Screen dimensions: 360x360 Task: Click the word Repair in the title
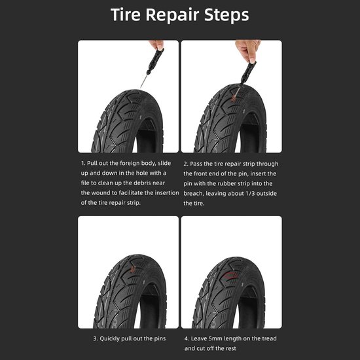tap(172, 16)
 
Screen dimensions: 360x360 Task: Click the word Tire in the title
tap(126, 14)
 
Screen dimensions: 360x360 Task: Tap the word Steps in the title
tap(226, 16)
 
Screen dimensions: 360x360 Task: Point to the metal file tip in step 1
tap(140, 88)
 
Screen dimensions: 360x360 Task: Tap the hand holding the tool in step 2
tap(249, 50)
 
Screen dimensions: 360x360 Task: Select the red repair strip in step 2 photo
tap(234, 97)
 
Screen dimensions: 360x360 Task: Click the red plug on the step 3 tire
tap(133, 268)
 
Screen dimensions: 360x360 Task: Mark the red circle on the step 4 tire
tap(231, 276)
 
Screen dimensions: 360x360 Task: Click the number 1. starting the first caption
tap(83, 163)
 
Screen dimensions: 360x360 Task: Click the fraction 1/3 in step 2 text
tap(250, 193)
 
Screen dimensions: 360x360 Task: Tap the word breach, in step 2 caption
tap(194, 193)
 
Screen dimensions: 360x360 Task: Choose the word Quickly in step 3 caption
tap(109, 339)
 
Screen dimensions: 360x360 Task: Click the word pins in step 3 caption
tap(160, 339)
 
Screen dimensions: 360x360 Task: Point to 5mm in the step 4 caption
tap(215, 338)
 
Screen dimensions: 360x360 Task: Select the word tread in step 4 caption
tap(269, 338)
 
